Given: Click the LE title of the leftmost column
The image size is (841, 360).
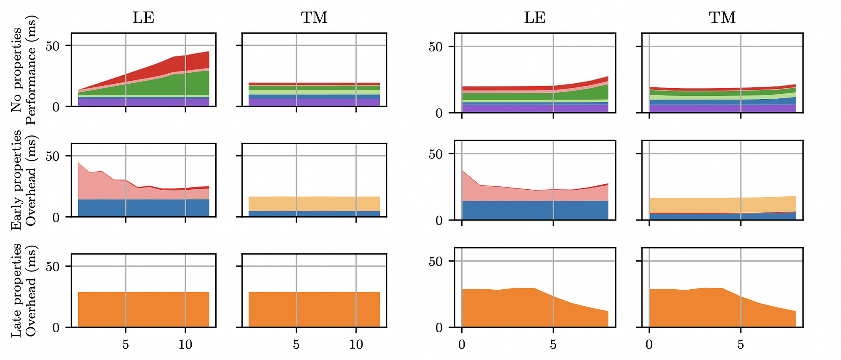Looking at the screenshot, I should click(143, 18).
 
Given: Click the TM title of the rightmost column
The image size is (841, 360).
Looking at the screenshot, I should click(722, 18).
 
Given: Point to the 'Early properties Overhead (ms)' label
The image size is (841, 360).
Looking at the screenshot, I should click(24, 180).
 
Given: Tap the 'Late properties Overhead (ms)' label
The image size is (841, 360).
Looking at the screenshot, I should click(24, 290).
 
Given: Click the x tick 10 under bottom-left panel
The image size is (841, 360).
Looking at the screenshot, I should click(185, 345).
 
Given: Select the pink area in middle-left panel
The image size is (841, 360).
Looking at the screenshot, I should click(97, 185).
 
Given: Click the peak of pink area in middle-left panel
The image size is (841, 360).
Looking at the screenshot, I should click(79, 163).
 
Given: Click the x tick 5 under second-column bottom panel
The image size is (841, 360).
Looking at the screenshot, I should click(296, 345).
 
